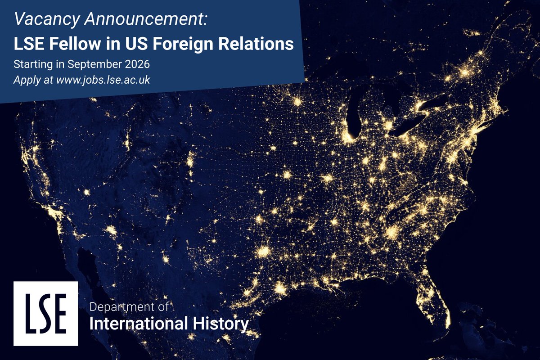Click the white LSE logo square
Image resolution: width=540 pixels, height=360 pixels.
coord(45,314)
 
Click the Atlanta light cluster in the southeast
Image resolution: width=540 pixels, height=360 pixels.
coord(393,232)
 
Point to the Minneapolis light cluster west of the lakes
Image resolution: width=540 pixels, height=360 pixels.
coord(297,101)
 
